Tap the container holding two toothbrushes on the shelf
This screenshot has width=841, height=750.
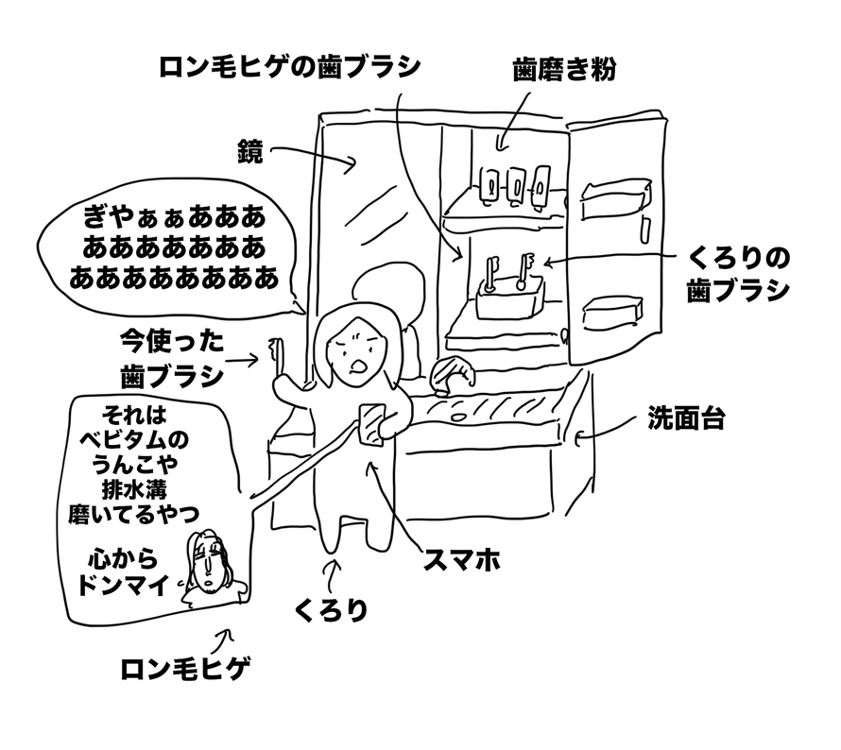(x=511, y=298)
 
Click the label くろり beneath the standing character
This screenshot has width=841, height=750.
(x=330, y=610)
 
